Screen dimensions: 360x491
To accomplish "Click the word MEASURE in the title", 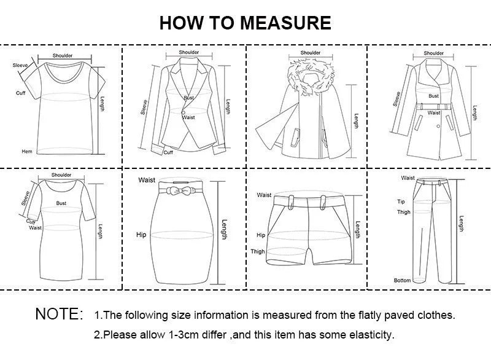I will tap(285, 23).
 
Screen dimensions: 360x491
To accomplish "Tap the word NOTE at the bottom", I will tap(59, 315).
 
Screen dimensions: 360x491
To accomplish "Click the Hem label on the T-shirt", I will tap(26, 151).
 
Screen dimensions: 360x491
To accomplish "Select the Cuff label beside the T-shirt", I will tap(20, 93).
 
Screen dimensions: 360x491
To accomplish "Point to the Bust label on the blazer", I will tap(188, 98).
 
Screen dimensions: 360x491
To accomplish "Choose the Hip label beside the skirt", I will tap(141, 235).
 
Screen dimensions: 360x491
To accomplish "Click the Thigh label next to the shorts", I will tap(257, 252).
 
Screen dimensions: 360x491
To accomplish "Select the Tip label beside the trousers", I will tap(401, 202).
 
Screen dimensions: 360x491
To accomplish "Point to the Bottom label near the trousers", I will tap(402, 281).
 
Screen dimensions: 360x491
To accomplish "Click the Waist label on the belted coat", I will tap(434, 113).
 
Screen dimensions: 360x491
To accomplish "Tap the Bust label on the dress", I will tap(61, 203).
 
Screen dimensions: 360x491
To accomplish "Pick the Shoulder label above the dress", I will tap(61, 175).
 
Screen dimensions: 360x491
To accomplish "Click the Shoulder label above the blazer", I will tap(189, 52).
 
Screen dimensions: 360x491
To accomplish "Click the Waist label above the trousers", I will tap(408, 178).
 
